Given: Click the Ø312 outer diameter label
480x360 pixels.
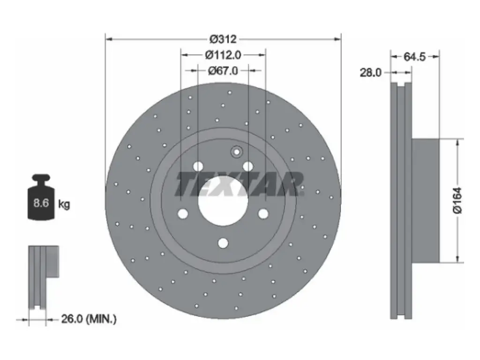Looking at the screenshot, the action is pyautogui.click(x=223, y=39).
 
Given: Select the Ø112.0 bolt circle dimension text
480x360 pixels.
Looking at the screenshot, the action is pyautogui.click(x=223, y=55).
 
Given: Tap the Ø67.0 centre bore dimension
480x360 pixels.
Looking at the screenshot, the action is pyautogui.click(x=223, y=71).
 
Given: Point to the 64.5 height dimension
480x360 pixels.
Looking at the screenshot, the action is pyautogui.click(x=415, y=57).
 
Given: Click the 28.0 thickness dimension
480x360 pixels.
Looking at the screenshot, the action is pyautogui.click(x=370, y=73).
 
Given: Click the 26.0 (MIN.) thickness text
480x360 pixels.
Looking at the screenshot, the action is pyautogui.click(x=89, y=319).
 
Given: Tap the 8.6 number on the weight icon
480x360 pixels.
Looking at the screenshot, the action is pyautogui.click(x=41, y=202).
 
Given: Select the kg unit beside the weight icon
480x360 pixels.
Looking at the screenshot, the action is pyautogui.click(x=64, y=204).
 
